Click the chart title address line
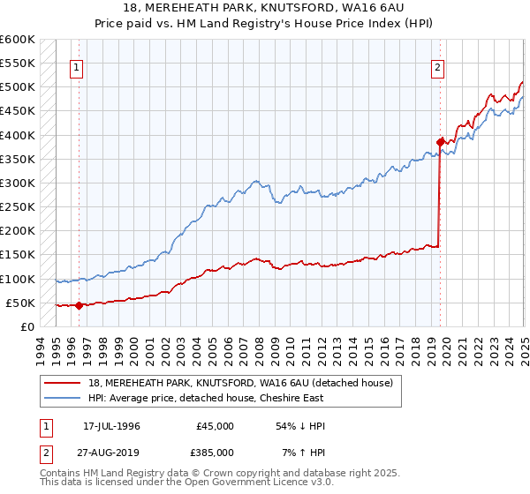point(264,7)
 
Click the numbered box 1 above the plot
point(78,66)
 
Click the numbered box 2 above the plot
point(438,66)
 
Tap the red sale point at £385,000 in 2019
point(440,141)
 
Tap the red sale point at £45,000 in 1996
point(79,305)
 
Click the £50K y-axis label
point(21,303)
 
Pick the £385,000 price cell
point(215,453)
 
